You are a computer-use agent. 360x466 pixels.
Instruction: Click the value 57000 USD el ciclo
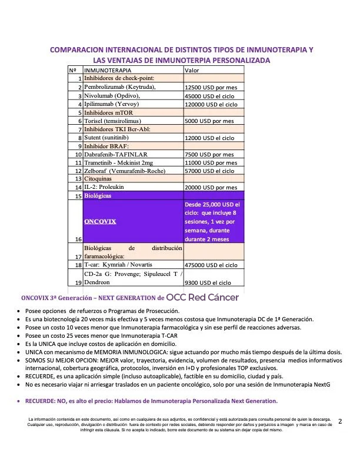pyautogui.click(x=209, y=171)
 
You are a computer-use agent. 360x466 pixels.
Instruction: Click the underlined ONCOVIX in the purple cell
pyautogui.click(x=100, y=222)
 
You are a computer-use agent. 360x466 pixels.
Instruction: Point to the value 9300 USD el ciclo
pyautogui.click(x=208, y=282)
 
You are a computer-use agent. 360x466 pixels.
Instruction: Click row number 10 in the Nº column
pyautogui.click(x=77, y=155)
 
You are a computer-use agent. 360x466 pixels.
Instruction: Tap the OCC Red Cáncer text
pyautogui.click(x=202, y=297)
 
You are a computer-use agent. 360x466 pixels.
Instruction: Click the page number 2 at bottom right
pyautogui.click(x=340, y=421)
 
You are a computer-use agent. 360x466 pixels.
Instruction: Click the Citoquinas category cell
pyautogui.click(x=101, y=179)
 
